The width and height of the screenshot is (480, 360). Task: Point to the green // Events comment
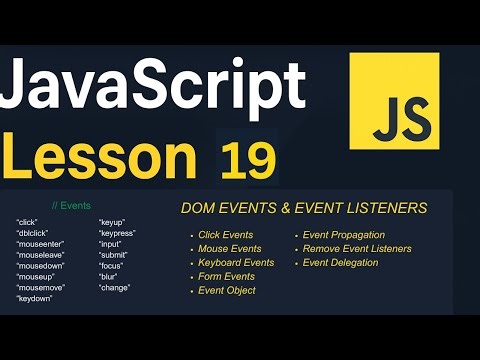pyautogui.click(x=71, y=206)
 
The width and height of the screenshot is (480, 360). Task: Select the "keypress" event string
pyautogui.click(x=117, y=233)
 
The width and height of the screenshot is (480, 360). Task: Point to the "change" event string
pyautogui.click(x=114, y=287)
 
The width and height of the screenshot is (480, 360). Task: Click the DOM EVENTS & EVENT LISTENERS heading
pyautogui.click(x=304, y=208)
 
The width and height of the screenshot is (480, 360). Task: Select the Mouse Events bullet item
pyautogui.click(x=231, y=249)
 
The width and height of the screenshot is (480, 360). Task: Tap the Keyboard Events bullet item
pyautogui.click(x=237, y=263)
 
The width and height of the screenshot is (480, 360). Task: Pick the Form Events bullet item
pyautogui.click(x=227, y=277)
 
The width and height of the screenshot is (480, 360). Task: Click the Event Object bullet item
pyautogui.click(x=228, y=291)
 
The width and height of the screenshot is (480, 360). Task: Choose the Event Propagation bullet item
pyautogui.click(x=343, y=235)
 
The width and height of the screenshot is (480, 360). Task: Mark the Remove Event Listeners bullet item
pyautogui.click(x=356, y=249)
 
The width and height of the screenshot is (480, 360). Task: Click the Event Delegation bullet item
pyautogui.click(x=340, y=263)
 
